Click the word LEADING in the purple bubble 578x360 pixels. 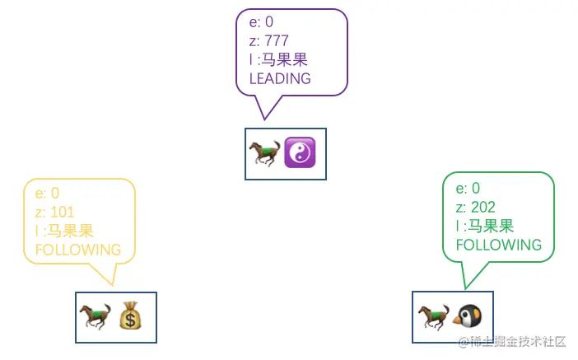pyautogui.click(x=280, y=78)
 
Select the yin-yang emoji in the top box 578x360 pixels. pyautogui.click(x=300, y=154)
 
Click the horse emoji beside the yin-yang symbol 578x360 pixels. pyautogui.click(x=264, y=154)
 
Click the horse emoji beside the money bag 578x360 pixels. pyautogui.click(x=95, y=317)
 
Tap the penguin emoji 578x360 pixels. pyautogui.click(x=467, y=317)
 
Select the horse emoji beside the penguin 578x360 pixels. pyautogui.click(x=433, y=317)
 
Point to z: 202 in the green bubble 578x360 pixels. pyautogui.click(x=475, y=208)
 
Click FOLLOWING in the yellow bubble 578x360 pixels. pyautogui.click(x=77, y=250)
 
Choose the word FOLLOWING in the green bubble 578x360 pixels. pyautogui.click(x=499, y=245)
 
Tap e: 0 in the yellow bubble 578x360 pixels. pyautogui.click(x=47, y=194)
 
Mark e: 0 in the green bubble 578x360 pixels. pyautogui.click(x=468, y=189)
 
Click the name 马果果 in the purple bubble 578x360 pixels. pyautogui.click(x=284, y=60)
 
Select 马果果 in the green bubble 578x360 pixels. pyautogui.click(x=491, y=227)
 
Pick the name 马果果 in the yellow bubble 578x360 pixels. pyautogui.click(x=70, y=231)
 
